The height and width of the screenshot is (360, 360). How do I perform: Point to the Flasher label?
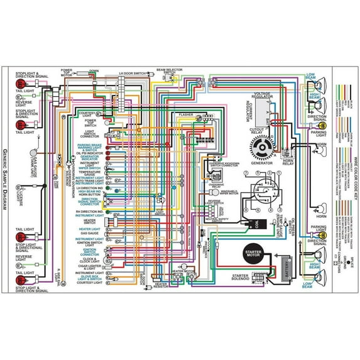click(186, 115)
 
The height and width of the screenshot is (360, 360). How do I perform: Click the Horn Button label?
click(90, 195)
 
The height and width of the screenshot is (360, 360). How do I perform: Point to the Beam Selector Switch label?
click(169, 71)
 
